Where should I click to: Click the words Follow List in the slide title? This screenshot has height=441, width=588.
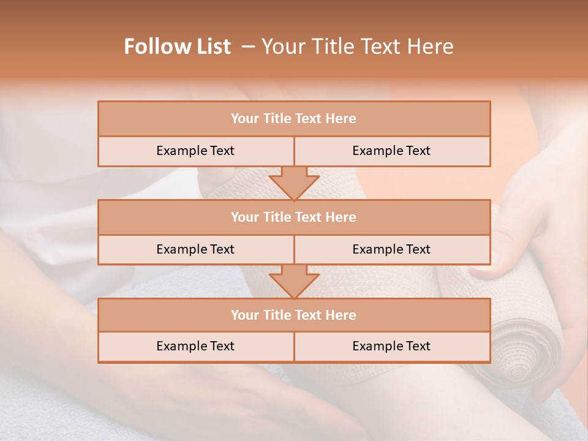(178, 47)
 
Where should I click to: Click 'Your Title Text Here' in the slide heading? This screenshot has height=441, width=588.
(357, 47)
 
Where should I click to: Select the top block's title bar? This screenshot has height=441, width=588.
(294, 119)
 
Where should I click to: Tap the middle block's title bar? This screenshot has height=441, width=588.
(294, 217)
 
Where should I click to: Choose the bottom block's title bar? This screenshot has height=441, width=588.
(294, 315)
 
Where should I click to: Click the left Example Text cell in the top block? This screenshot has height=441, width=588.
(195, 151)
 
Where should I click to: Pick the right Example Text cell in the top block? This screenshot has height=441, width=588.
(391, 151)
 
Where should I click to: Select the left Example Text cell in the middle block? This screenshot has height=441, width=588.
(195, 249)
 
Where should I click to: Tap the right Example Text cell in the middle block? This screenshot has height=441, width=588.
(391, 249)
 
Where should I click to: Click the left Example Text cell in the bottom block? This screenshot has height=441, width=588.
(195, 346)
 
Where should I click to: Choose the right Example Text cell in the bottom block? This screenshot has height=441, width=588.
(391, 346)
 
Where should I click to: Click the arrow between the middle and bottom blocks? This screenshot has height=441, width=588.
(294, 281)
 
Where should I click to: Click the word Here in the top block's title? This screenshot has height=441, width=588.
(341, 119)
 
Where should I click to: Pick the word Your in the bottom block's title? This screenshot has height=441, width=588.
(244, 315)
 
